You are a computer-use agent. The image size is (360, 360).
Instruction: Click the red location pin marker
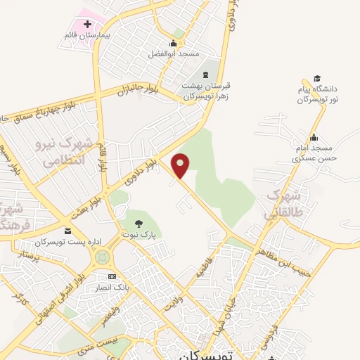(x=181, y=165)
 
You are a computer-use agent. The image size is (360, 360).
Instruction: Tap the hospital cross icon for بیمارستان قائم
(x=87, y=25)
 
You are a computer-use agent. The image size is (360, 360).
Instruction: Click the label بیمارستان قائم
(x=81, y=35)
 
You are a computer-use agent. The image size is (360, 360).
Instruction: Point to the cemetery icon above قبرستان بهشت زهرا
(x=207, y=75)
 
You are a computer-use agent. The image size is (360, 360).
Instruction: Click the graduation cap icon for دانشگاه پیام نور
(x=317, y=78)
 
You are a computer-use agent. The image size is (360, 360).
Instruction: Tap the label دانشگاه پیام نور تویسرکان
(x=320, y=95)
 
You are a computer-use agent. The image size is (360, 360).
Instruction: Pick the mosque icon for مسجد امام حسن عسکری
(x=314, y=137)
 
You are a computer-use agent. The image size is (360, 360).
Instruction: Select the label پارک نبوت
(x=139, y=233)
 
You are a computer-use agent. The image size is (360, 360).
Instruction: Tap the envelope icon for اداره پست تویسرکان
(x=67, y=231)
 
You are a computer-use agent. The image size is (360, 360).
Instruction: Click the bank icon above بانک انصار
(x=112, y=276)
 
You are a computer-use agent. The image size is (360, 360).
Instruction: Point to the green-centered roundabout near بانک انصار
(x=102, y=257)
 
